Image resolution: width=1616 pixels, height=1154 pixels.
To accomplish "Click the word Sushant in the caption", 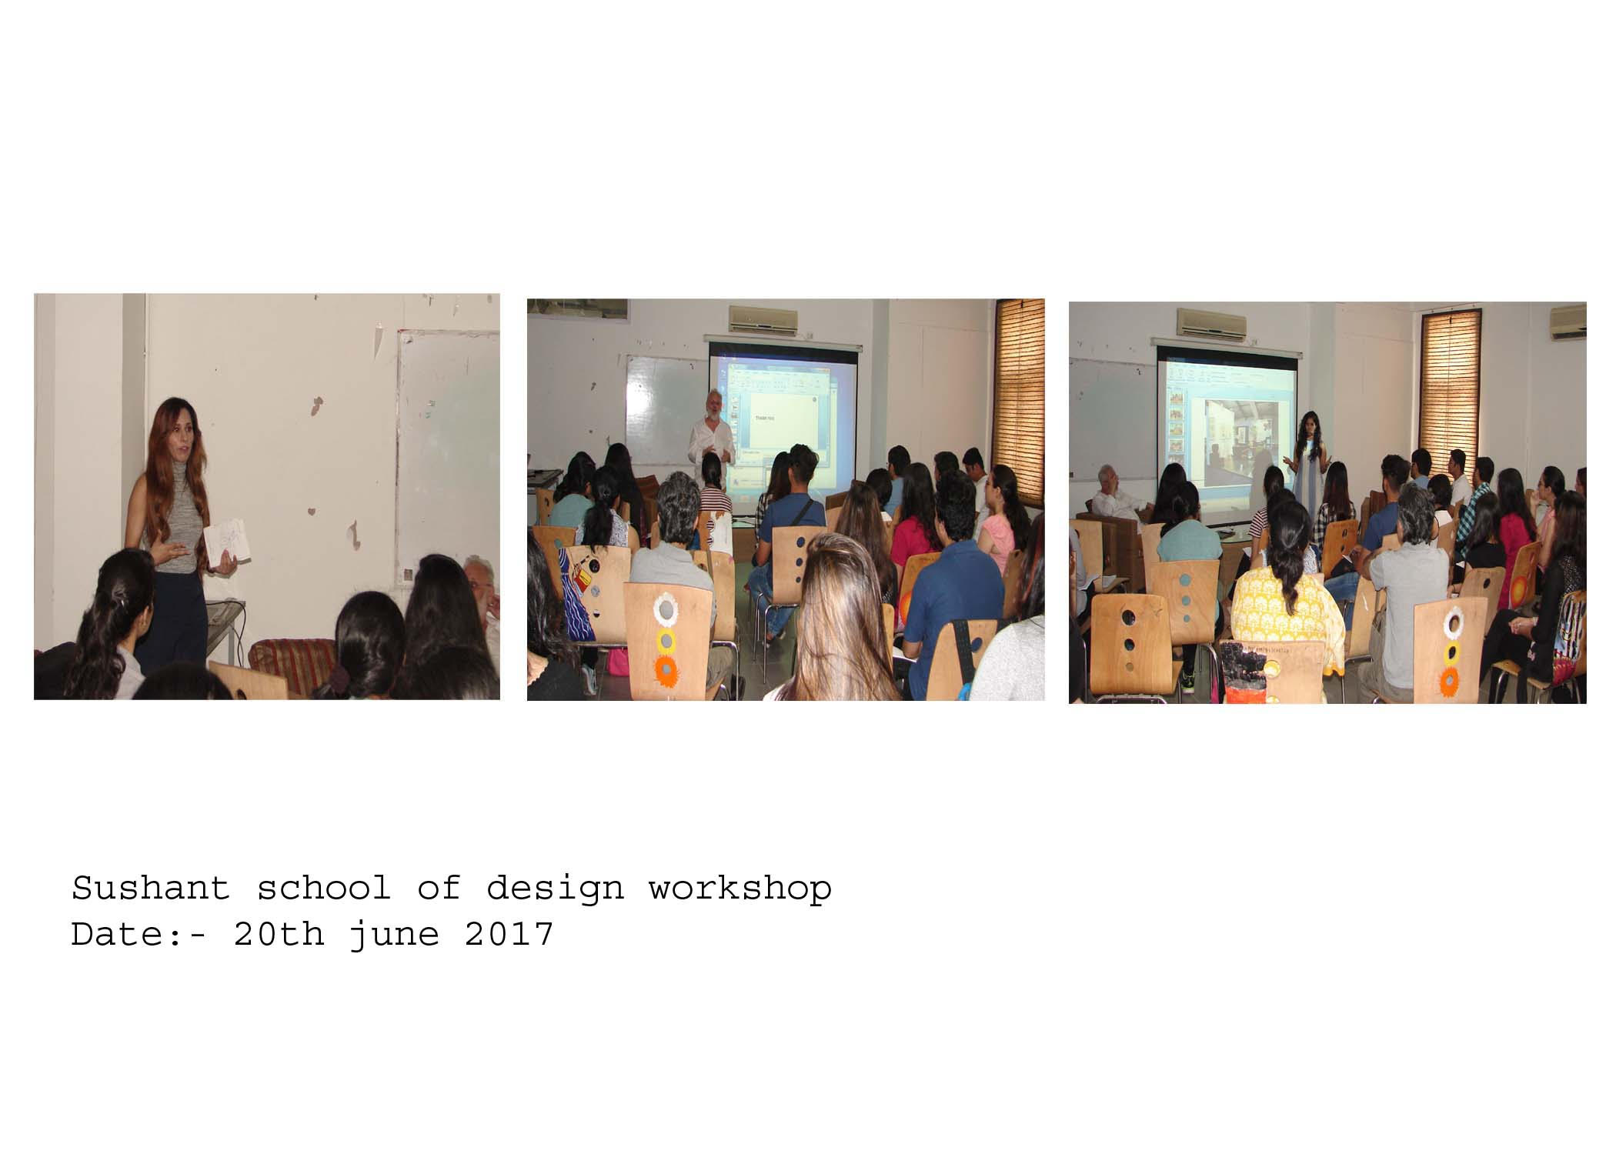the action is pyautogui.click(x=151, y=889).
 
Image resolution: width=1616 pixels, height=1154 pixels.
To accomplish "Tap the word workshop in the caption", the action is pyautogui.click(x=740, y=889).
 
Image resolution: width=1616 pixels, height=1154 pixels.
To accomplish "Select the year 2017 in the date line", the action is pyautogui.click(x=509, y=934).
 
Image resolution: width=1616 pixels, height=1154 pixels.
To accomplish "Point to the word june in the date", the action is pyautogui.click(x=394, y=936).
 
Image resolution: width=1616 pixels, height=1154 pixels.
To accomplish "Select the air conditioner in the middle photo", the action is pyautogui.click(x=763, y=319).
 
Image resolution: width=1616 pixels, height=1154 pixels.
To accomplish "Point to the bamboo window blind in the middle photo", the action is pyautogui.click(x=1019, y=400).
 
